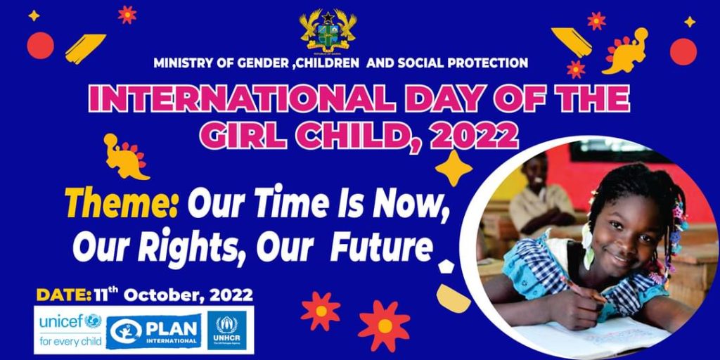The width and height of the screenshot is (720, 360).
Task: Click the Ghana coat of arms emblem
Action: point(328,30)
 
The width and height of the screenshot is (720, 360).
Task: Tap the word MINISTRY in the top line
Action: point(184,63)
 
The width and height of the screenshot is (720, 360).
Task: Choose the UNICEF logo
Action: point(70,330)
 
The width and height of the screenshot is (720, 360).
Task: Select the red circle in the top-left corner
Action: point(40,45)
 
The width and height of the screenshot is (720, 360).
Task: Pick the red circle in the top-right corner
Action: point(683,51)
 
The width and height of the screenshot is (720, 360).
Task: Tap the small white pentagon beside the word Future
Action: point(446,266)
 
